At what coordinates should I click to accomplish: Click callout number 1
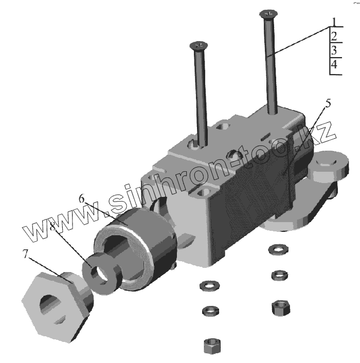tap(334, 22)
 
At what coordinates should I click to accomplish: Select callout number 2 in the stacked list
tap(334, 37)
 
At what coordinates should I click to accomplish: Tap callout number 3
tap(334, 50)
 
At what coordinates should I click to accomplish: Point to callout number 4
tap(334, 64)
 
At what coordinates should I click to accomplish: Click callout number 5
tap(328, 103)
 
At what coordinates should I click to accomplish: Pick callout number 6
tap(81, 198)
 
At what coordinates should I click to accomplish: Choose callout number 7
tap(25, 253)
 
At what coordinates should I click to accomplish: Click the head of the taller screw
tap(268, 14)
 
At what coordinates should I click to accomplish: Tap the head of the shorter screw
tap(199, 45)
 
